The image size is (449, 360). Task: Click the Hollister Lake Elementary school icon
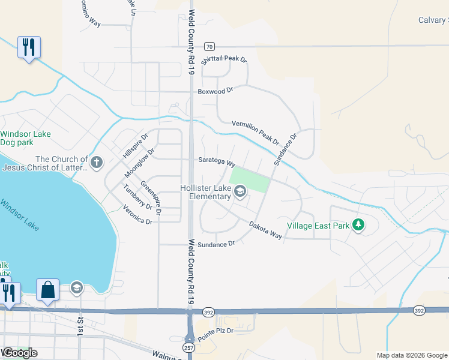[x=240, y=192]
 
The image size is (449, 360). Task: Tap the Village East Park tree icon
[x=359, y=225]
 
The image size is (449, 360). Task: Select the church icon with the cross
[x=97, y=162]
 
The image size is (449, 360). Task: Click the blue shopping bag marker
[x=47, y=290]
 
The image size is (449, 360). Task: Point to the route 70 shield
[x=209, y=46]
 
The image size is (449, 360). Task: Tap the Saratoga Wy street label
[x=216, y=161]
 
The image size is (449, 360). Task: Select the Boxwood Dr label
[x=215, y=91]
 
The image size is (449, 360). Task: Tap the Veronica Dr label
[x=137, y=217]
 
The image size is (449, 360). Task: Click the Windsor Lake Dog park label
[x=25, y=139]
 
